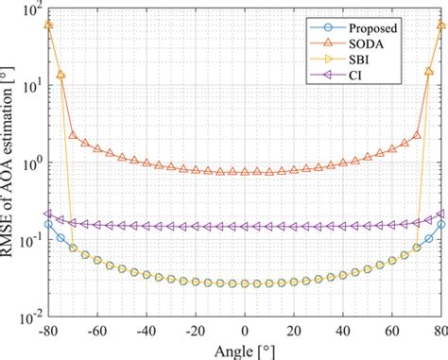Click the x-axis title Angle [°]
coord(244,351)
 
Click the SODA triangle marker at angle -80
coord(49,25)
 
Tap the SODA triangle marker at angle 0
coord(244,172)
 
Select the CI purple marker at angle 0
coord(244,227)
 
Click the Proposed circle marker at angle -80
coord(49,224)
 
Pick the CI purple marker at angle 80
coord(439,214)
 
